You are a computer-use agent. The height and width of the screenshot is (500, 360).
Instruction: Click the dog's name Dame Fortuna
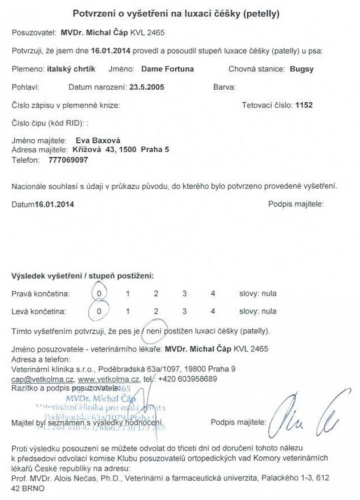[168, 69]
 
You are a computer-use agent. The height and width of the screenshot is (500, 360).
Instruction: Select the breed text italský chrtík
[71, 69]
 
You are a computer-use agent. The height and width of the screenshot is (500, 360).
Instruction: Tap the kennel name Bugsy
[302, 69]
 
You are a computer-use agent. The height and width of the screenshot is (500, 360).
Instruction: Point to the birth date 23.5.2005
[147, 87]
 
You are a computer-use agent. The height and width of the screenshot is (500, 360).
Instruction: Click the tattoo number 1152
[304, 106]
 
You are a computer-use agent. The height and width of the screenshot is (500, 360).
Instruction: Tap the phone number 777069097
[68, 160]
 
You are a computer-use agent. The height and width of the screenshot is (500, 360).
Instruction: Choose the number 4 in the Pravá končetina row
[213, 294]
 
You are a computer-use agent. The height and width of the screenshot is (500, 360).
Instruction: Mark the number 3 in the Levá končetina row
[185, 311]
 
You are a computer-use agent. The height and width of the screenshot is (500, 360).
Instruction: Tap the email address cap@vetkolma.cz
[43, 379]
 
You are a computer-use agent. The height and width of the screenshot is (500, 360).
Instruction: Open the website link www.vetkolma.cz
[108, 379]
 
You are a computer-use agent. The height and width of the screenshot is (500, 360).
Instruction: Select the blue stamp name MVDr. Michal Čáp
[101, 399]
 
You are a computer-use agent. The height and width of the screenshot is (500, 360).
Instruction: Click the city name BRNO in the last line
[35, 489]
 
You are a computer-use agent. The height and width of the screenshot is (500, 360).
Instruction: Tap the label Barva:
[224, 87]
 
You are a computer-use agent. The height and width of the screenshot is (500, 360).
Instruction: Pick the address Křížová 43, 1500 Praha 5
[120, 150]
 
